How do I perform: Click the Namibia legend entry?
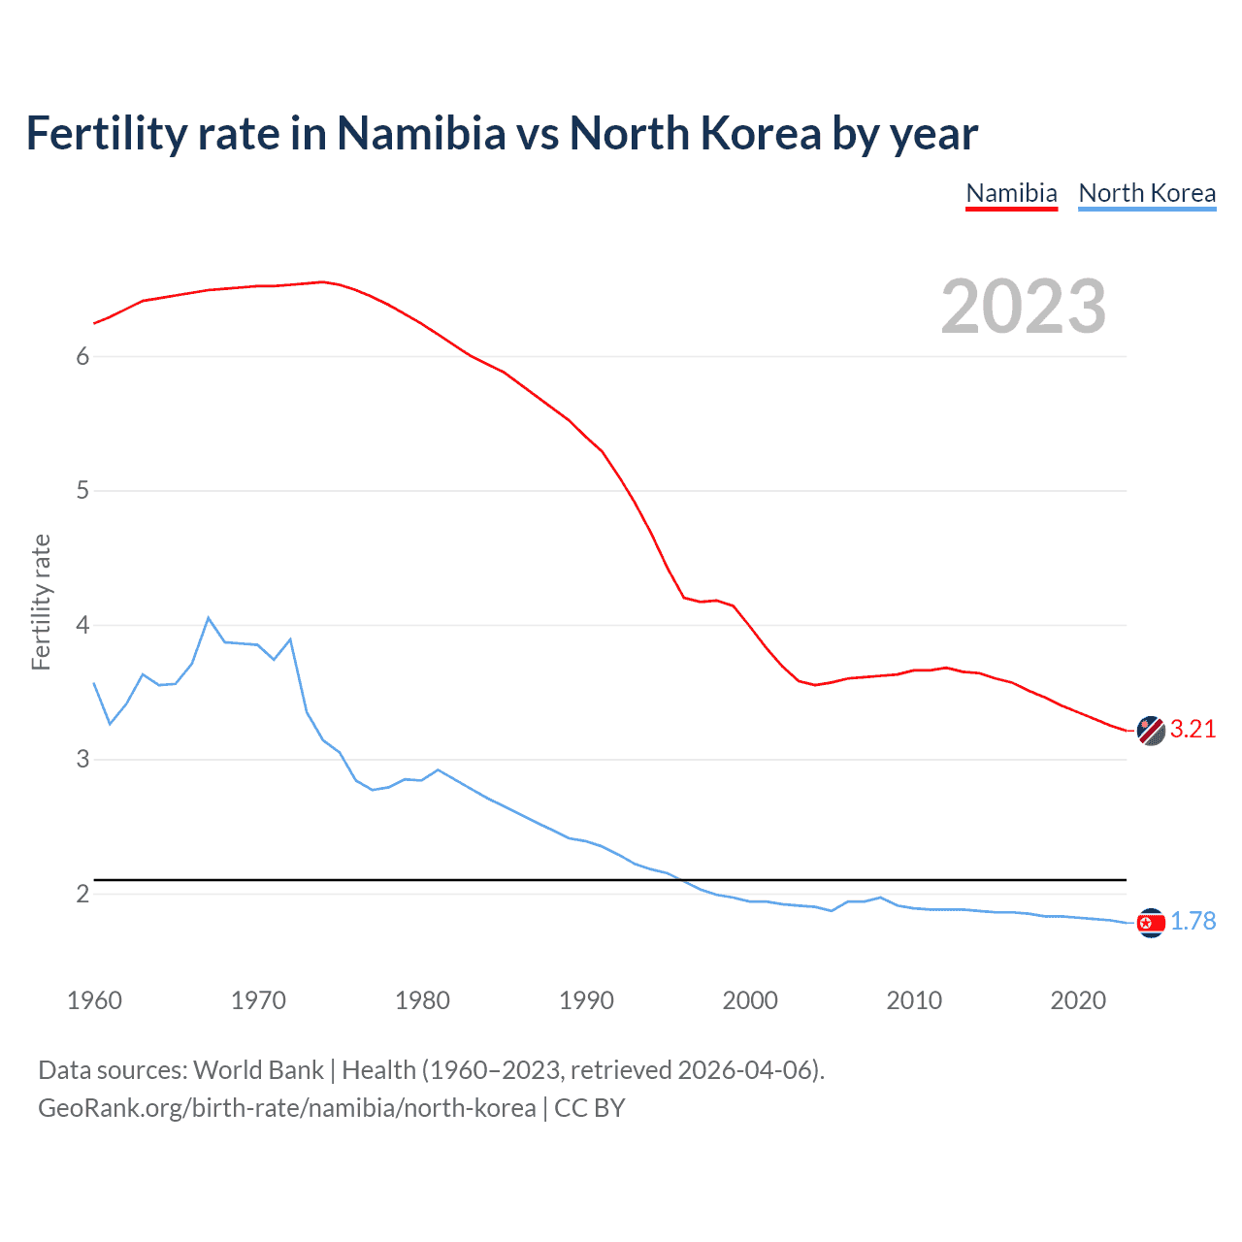[x=1011, y=193]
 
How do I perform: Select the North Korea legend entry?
[x=1147, y=193]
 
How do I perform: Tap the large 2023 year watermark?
[x=1024, y=307]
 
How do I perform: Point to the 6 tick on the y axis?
[x=82, y=357]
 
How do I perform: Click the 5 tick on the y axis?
[x=82, y=491]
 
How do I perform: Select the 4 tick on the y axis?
[x=82, y=625]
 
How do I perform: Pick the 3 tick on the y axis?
[x=82, y=760]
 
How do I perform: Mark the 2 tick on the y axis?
[x=82, y=894]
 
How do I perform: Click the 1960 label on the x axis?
[x=94, y=1000]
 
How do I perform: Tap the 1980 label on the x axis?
[x=422, y=1000]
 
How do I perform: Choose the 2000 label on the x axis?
[x=750, y=1000]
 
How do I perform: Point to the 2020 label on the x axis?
[x=1078, y=1000]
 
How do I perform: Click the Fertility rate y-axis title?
[x=41, y=602]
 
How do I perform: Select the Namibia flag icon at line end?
[x=1151, y=731]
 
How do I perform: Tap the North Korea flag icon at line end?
[x=1151, y=923]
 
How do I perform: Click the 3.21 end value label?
[x=1193, y=730]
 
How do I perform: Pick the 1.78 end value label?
[x=1193, y=922]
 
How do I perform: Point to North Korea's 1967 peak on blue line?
[x=209, y=618]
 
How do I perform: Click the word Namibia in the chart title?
[x=421, y=134]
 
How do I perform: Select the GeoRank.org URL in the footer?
[x=286, y=1108]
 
